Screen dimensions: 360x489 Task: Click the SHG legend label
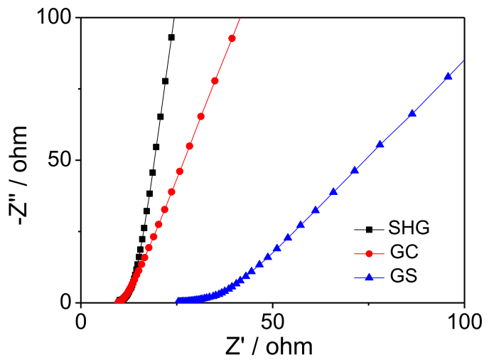coord(409,229)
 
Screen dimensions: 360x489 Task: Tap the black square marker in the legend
coord(369,229)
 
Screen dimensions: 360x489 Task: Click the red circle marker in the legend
coord(369,252)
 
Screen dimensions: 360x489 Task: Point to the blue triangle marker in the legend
coord(369,275)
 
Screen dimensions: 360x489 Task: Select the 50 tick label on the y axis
coord(61,160)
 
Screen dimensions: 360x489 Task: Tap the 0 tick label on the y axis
coord(67,302)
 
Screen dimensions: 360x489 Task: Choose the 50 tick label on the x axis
coord(273,319)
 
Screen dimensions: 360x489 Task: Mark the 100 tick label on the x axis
coord(463,319)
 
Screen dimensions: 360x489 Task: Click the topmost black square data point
coord(171,37)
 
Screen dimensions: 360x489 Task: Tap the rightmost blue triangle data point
coord(448,76)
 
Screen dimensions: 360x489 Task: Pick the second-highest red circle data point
coord(215,81)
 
